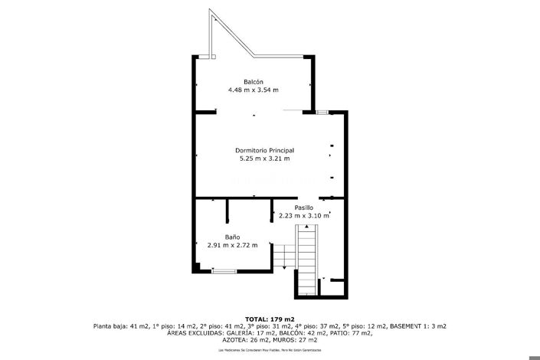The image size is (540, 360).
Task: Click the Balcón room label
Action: tap(254, 82)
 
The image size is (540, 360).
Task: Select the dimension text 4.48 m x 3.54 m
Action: tap(254, 90)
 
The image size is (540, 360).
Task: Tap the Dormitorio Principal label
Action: tap(265, 151)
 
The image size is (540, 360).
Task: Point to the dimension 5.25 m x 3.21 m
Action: tap(265, 159)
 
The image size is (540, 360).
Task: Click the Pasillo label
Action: tap(304, 208)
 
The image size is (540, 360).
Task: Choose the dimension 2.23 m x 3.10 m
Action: tap(304, 216)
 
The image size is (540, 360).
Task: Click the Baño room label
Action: tap(233, 237)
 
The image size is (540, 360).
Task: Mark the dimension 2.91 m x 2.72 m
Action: tap(233, 245)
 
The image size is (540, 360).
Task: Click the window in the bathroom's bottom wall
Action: tap(224, 271)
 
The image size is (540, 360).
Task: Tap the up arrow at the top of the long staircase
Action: tap(307, 227)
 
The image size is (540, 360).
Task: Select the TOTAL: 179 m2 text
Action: tap(270, 319)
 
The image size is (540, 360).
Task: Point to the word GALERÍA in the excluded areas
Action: tap(243, 333)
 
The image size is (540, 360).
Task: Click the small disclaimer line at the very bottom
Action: tap(270, 349)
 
